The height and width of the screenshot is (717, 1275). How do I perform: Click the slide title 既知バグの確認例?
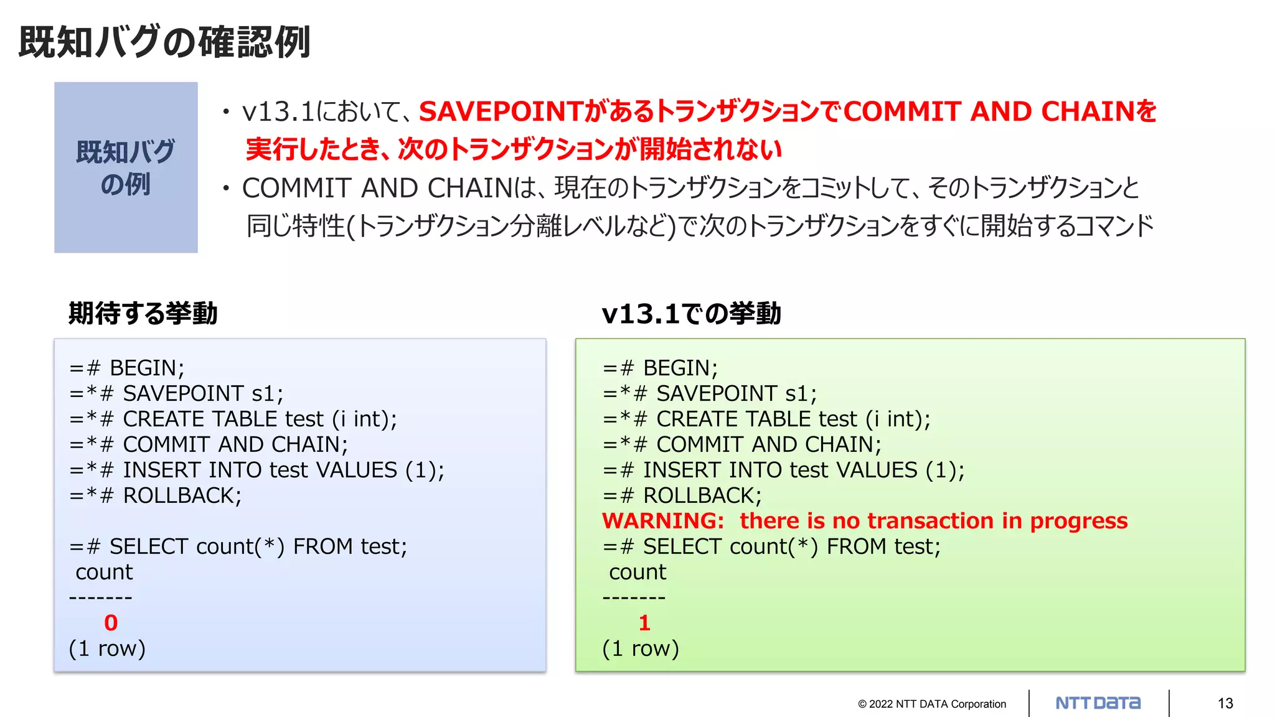(x=164, y=42)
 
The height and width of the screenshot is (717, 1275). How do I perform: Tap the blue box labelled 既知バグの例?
(x=126, y=167)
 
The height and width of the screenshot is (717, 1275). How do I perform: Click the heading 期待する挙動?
(x=143, y=313)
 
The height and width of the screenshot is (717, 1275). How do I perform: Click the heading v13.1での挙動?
(x=691, y=313)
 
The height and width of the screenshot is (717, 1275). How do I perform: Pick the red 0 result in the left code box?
(x=111, y=622)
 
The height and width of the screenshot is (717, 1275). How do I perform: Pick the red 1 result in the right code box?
(x=644, y=622)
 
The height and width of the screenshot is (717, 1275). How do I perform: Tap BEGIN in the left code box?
(x=147, y=368)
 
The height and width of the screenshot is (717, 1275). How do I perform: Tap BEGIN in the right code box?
(x=680, y=368)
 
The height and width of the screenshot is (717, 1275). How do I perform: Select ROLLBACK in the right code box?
(x=702, y=495)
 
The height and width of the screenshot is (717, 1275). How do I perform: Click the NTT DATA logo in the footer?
(x=1098, y=703)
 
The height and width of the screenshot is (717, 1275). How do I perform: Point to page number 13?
(x=1225, y=703)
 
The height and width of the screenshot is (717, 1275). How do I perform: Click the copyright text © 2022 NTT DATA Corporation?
(x=932, y=704)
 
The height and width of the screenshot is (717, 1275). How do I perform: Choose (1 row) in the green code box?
(x=641, y=648)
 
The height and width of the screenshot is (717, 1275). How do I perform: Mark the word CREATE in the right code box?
(x=694, y=419)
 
